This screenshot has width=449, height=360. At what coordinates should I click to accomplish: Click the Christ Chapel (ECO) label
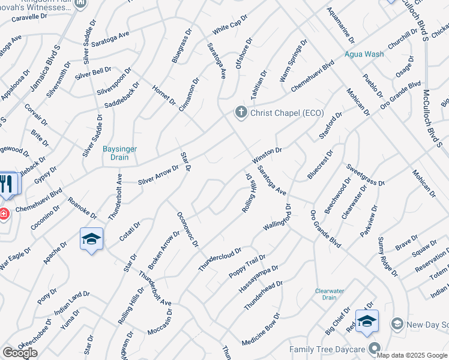point(287,113)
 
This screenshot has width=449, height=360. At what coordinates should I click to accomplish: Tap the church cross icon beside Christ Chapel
point(241,112)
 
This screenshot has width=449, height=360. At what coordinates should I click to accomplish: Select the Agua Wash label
point(364,54)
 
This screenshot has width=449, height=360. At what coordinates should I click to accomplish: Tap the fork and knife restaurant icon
point(7,183)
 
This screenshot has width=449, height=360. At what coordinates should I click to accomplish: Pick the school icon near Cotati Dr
point(92,239)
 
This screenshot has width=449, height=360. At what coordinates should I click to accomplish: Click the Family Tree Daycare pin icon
point(375,349)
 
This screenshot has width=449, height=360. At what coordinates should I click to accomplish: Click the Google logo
point(20,353)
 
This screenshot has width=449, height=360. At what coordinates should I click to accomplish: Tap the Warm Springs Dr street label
point(293,61)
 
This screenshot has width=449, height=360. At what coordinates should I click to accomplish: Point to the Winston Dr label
point(267,155)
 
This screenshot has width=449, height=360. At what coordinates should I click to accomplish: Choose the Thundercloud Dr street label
point(220,259)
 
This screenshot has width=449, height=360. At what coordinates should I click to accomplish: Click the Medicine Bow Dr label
point(261,330)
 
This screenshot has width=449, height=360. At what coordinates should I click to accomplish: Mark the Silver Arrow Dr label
point(158,174)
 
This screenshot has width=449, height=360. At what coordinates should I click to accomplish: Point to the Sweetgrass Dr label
point(364,173)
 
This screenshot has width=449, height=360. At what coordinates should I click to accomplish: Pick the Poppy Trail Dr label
point(247,266)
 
